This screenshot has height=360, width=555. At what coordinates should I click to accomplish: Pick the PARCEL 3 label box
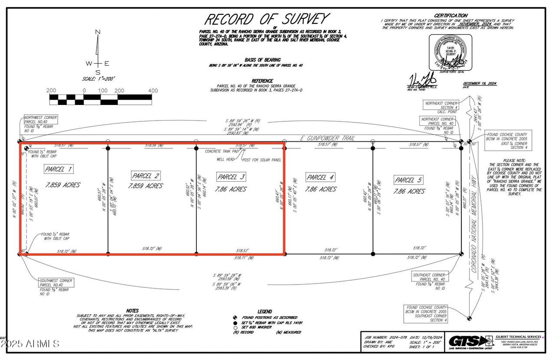pyautogui.click(x=232, y=177)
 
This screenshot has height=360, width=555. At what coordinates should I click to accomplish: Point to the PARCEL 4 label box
pyautogui.click(x=320, y=177)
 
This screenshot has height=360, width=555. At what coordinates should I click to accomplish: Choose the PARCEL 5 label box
pyautogui.click(x=408, y=180)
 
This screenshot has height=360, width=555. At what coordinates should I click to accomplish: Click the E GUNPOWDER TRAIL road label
pyautogui.click(x=327, y=138)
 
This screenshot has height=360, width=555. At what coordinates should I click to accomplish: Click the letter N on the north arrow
pyautogui.click(x=98, y=32)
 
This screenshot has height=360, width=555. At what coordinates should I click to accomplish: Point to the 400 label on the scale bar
pyautogui.click(x=153, y=91)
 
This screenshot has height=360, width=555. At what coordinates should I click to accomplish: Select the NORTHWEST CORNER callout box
pyautogui.click(x=40, y=124)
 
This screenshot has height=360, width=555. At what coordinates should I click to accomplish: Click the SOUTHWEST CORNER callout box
pyautogui.click(x=55, y=286)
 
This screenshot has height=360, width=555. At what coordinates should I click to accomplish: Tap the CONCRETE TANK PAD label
pyautogui.click(x=222, y=151)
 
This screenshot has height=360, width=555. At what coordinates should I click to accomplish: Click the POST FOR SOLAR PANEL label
pyautogui.click(x=261, y=160)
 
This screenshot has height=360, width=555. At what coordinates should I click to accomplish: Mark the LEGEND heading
pyautogui.click(x=264, y=311)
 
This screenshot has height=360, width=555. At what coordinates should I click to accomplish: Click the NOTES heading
pyautogui.click(x=132, y=311)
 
